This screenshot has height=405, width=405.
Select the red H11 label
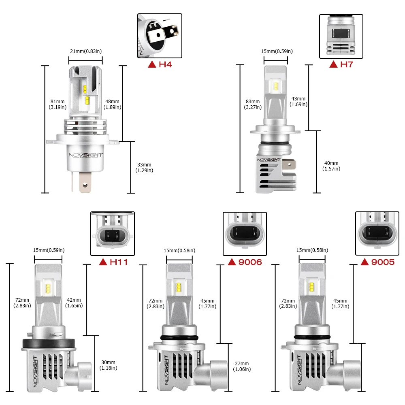pos(114,262)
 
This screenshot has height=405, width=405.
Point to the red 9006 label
pos(245,262)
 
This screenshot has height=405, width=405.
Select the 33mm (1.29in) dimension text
pos(145,167)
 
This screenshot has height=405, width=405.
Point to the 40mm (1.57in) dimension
pos(331,166)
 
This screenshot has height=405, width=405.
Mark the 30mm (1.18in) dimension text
pos(108,365)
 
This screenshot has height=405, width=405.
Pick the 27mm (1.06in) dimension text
pos(242,366)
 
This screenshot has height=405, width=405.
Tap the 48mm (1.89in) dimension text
pos(112,104)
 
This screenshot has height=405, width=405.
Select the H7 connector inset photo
pos(341,36)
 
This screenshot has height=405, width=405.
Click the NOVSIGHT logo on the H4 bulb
pos(85,155)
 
